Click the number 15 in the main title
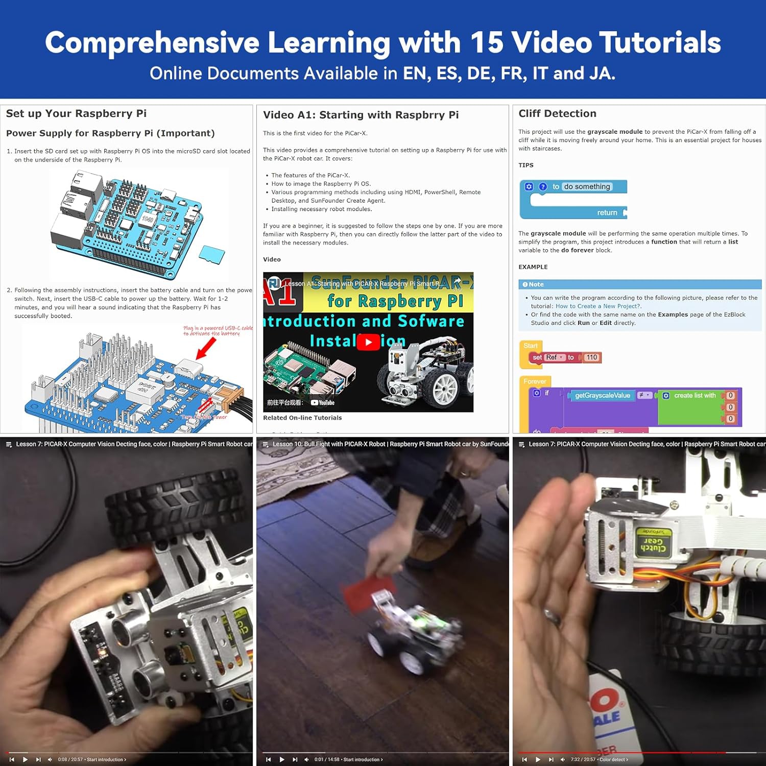pyautogui.click(x=487, y=42)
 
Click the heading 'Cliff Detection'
pyautogui.click(x=557, y=114)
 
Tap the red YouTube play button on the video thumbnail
pyautogui.click(x=368, y=342)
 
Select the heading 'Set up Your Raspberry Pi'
pyautogui.click(x=76, y=114)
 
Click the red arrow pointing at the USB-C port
pyautogui.click(x=206, y=349)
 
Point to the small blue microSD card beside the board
pyautogui.click(x=211, y=254)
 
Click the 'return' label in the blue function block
pyautogui.click(x=607, y=213)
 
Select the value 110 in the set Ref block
pyautogui.click(x=592, y=357)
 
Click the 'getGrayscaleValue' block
pyautogui.click(x=602, y=395)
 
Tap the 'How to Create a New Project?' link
pyautogui.click(x=598, y=306)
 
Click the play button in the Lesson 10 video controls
pyautogui.click(x=281, y=759)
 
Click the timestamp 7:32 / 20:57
pyautogui.click(x=583, y=759)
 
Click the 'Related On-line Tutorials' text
pyautogui.click(x=302, y=418)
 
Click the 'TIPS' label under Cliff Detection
pyautogui.click(x=525, y=165)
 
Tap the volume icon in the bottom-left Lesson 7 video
pyautogui.click(x=50, y=759)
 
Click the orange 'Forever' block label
pyautogui.click(x=534, y=381)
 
